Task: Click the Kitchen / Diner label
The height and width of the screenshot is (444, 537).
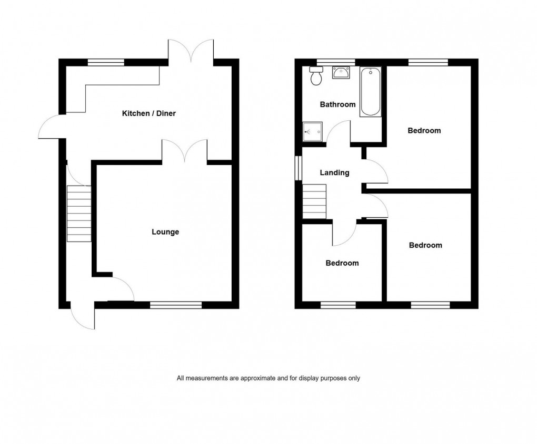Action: [149, 113]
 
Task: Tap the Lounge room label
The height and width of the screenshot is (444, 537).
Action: [165, 232]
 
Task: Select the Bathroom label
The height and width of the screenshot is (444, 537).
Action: [337, 104]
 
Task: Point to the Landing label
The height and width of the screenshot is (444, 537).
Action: [335, 172]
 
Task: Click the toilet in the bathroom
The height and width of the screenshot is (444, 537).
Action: [316, 77]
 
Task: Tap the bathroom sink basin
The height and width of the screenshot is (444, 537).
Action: [340, 73]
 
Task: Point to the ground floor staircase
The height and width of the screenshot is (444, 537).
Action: [79, 214]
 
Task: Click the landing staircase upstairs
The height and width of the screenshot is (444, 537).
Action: [314, 200]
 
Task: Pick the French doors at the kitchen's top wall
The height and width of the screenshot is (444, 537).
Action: [191, 52]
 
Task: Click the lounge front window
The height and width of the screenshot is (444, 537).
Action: [176, 305]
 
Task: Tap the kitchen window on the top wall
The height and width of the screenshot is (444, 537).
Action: [106, 62]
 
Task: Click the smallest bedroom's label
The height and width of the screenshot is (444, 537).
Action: [342, 263]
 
